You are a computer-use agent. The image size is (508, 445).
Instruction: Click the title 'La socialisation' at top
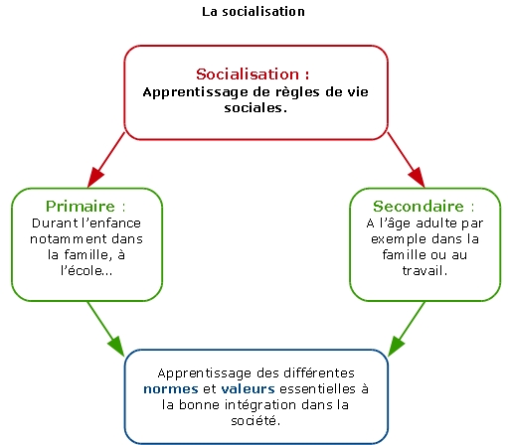tap(254, 12)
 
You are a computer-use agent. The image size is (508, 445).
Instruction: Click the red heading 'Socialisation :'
tap(253, 74)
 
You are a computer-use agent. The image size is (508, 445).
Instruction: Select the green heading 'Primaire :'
tap(85, 207)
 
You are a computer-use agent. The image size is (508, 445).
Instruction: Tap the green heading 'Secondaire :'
tap(423, 207)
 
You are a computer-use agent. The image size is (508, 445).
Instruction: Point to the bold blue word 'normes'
tap(171, 388)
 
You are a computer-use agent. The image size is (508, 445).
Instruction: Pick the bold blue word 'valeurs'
tap(248, 388)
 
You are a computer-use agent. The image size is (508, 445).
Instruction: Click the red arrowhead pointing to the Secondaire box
tap(418, 178)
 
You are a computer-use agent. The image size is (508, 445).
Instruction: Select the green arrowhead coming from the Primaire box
tap(116, 347)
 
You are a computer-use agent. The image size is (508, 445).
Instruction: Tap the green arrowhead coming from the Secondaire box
tap(396, 347)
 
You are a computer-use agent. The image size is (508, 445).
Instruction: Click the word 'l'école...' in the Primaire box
tap(86, 270)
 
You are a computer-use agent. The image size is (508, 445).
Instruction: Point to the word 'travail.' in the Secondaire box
tap(424, 270)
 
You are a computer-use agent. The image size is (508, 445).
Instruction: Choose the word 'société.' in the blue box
tap(255, 420)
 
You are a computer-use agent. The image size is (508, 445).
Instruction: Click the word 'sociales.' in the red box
tap(255, 107)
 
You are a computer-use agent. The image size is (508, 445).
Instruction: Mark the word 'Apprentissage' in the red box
tap(196, 92)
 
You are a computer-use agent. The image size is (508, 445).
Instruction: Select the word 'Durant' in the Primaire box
tap(55, 223)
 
